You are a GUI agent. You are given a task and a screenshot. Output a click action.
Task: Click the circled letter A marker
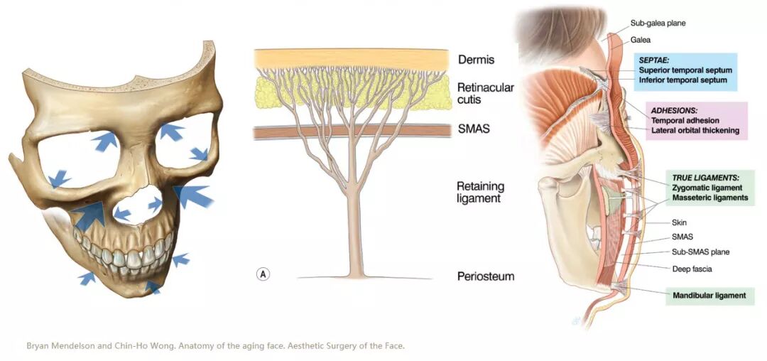(263, 274)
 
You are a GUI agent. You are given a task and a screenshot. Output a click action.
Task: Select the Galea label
(641, 40)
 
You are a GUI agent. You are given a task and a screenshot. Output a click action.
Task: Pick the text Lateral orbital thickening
(695, 130)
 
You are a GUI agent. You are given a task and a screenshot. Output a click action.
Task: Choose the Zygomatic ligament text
(707, 188)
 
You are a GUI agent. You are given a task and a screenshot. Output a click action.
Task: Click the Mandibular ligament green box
(709, 295)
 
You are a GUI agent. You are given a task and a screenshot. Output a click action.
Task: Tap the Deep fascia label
(692, 269)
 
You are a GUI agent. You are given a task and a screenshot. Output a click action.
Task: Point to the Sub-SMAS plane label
(700, 252)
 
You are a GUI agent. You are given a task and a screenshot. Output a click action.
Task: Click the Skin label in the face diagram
(679, 222)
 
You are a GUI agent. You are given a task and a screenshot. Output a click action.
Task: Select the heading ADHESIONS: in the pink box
(674, 111)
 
